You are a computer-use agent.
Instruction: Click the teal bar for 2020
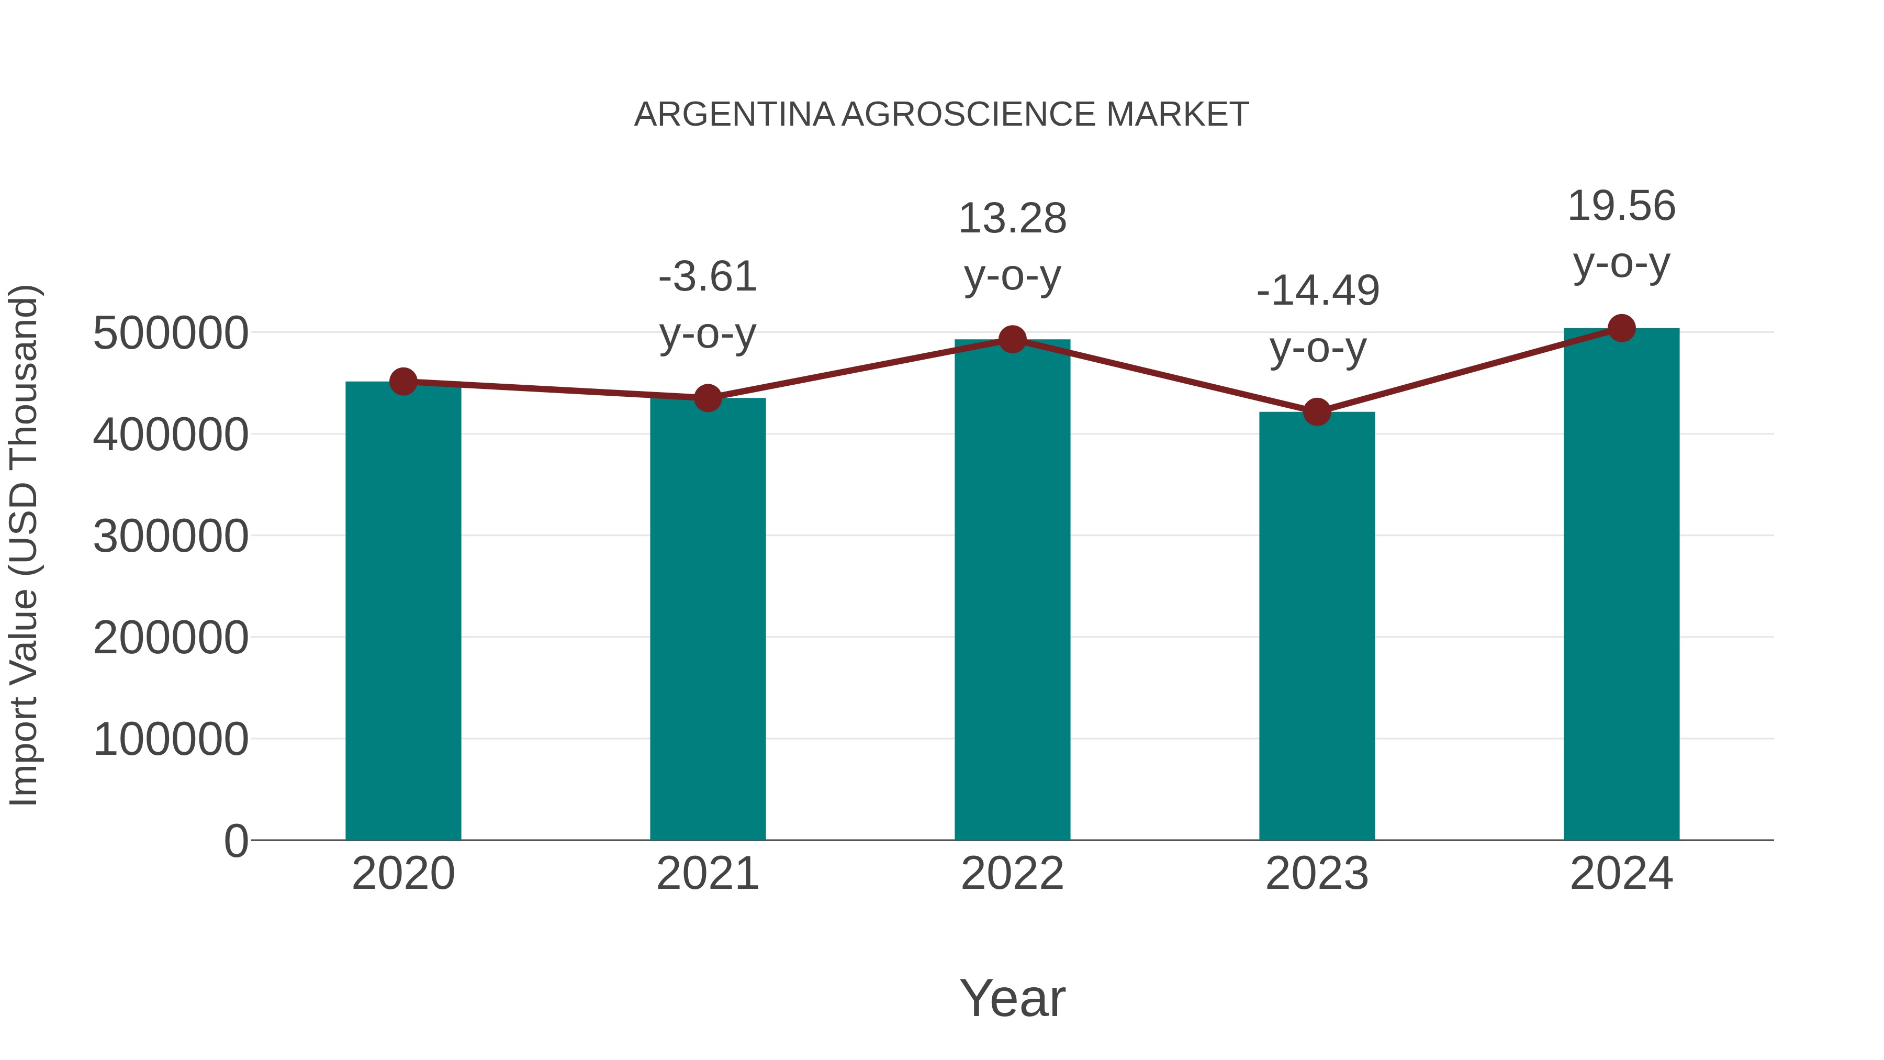[403, 611]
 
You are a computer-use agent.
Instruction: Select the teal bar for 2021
[707, 619]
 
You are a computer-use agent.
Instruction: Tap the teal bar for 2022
[1012, 589]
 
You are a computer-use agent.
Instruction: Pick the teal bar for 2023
[1317, 626]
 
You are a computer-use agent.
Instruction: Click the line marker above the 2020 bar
[403, 381]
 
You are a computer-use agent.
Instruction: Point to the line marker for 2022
[1012, 339]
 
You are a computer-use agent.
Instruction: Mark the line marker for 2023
[1317, 412]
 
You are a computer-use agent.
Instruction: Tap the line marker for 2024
[1621, 328]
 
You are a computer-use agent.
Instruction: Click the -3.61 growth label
[707, 277]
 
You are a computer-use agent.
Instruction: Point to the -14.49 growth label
[1317, 291]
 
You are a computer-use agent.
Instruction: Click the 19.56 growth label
[1621, 206]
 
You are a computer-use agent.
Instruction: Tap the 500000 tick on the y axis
[171, 333]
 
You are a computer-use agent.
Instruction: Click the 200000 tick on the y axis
[171, 638]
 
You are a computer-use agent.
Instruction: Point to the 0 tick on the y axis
[235, 841]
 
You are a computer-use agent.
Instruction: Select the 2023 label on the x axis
[1317, 874]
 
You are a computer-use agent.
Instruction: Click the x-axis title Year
[1012, 998]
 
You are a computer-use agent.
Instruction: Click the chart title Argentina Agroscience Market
[941, 115]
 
